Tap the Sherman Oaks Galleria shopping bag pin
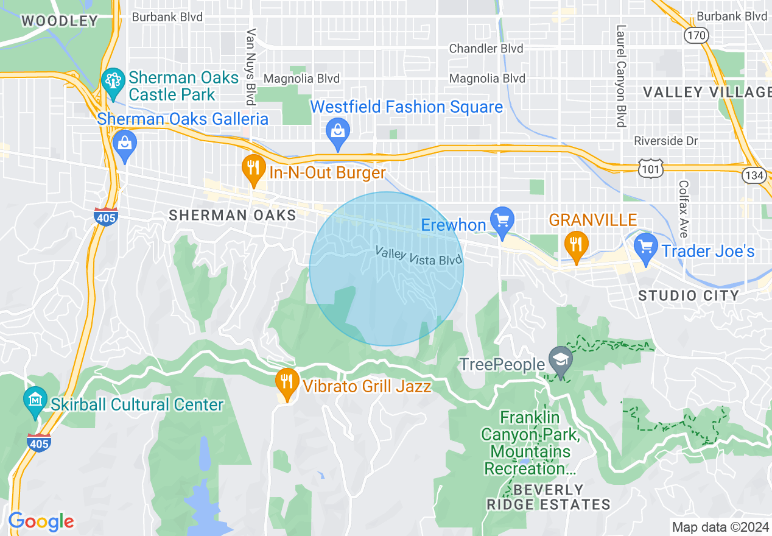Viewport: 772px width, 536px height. tap(125, 146)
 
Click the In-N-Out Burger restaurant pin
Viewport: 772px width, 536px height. tap(252, 169)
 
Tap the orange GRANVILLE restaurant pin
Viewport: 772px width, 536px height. tap(575, 245)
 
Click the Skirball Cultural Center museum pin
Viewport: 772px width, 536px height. tap(35, 401)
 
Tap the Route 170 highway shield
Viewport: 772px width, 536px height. tap(696, 35)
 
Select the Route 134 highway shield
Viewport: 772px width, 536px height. tap(754, 175)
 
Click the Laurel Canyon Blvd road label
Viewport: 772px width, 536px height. tap(621, 76)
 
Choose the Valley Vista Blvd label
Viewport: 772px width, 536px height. tap(418, 255)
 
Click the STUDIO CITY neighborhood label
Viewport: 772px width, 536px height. tap(689, 296)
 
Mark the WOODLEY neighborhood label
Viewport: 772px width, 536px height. tap(60, 21)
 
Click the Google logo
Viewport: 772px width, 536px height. tap(41, 521)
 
